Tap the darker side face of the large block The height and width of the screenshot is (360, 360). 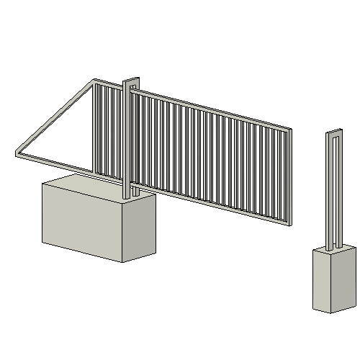tap(139, 227)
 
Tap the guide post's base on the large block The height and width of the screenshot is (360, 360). tap(130, 196)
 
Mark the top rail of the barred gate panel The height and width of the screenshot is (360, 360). tap(216, 110)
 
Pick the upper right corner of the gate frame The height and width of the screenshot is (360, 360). tap(290, 130)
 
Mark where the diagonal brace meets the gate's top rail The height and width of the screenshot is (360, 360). tap(94, 82)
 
